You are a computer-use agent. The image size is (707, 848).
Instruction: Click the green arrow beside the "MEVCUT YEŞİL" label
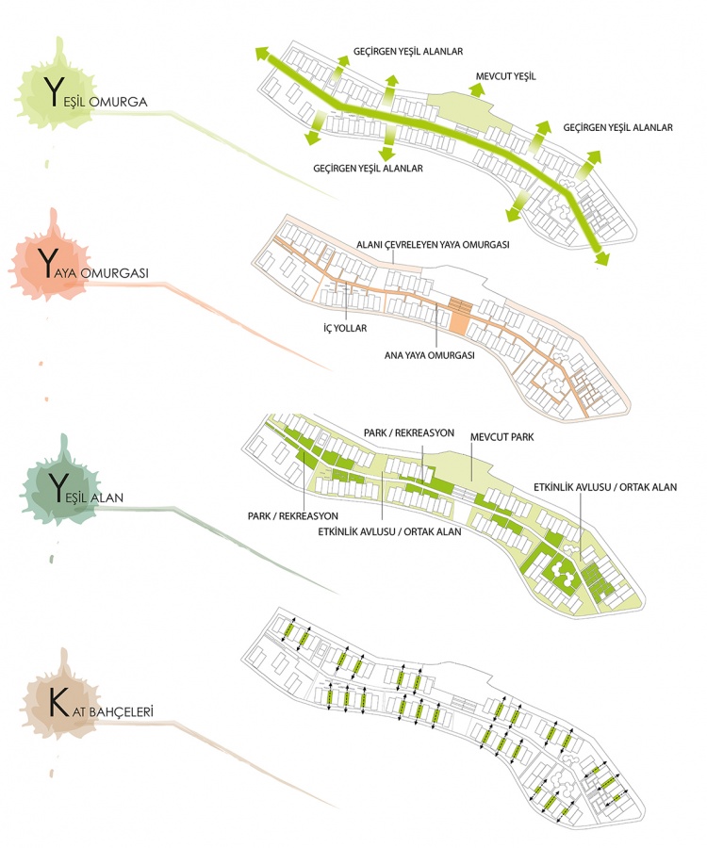[x=477, y=90]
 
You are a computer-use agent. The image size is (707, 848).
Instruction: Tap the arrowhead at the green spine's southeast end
[x=600, y=255]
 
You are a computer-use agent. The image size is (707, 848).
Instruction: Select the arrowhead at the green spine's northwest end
[x=261, y=55]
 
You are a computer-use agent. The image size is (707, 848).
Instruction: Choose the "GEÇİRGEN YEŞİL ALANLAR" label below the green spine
[x=367, y=168]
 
